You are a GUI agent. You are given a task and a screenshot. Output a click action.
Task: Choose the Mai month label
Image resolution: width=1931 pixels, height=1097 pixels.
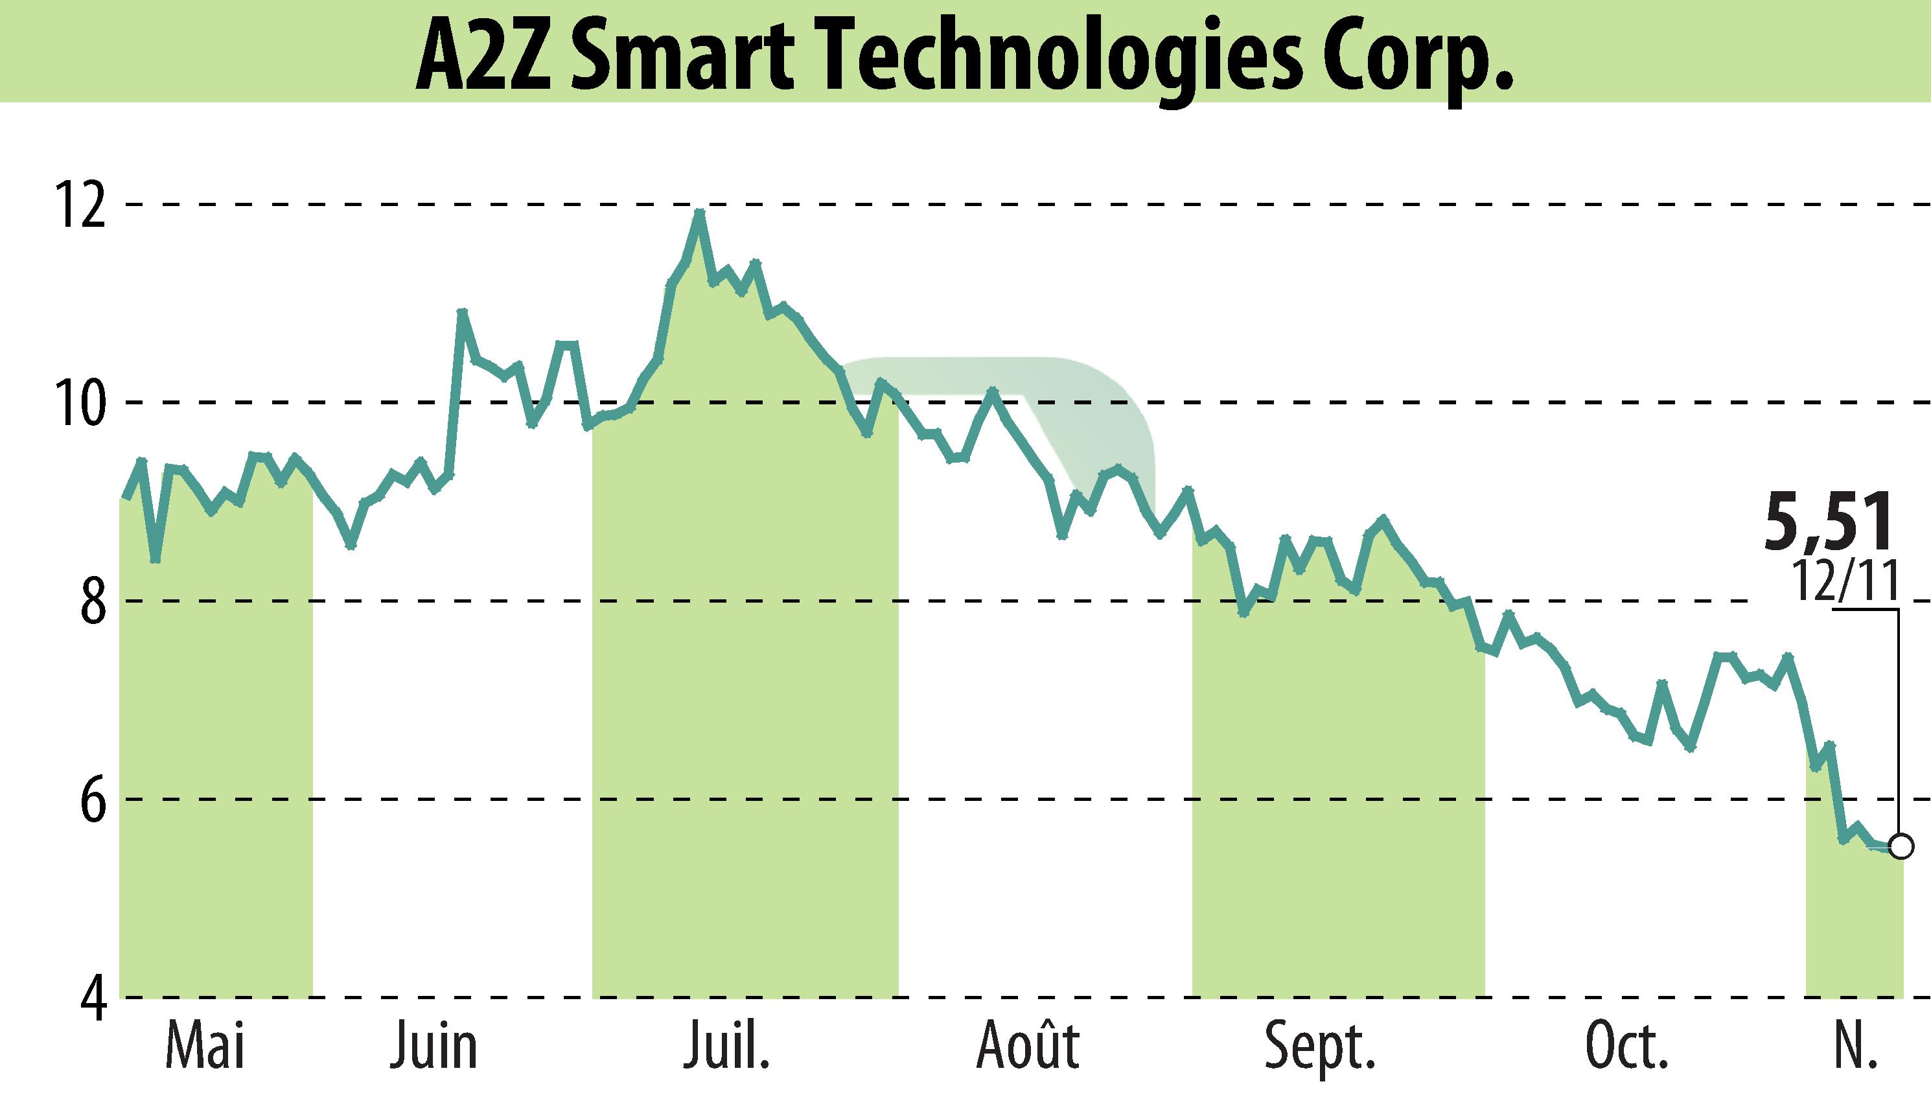tap(205, 1047)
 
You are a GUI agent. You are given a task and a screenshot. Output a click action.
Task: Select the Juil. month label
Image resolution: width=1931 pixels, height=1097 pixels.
tap(727, 1047)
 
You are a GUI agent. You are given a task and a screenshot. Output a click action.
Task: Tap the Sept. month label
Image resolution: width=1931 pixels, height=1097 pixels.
tap(1320, 1047)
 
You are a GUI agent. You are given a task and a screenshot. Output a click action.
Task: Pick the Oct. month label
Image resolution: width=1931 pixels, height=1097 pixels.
tap(1626, 1047)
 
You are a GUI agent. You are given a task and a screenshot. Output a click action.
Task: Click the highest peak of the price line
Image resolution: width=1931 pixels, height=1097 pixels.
tap(699, 213)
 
